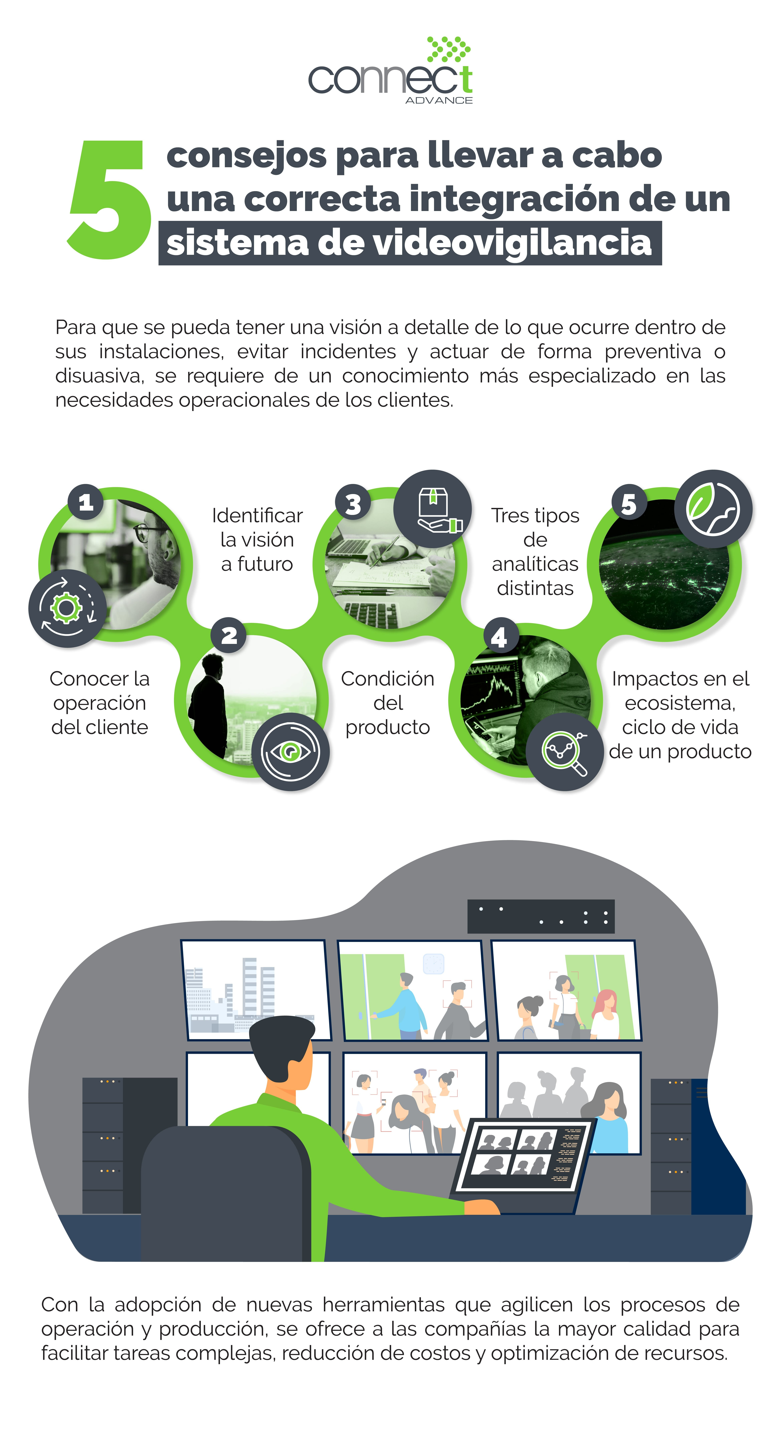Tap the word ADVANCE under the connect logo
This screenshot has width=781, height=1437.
click(x=439, y=100)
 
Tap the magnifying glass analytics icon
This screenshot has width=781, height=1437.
click(x=565, y=751)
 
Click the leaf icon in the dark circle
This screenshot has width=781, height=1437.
click(x=713, y=509)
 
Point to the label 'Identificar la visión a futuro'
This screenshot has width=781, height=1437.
click(x=257, y=539)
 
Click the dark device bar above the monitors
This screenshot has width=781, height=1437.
click(x=541, y=916)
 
